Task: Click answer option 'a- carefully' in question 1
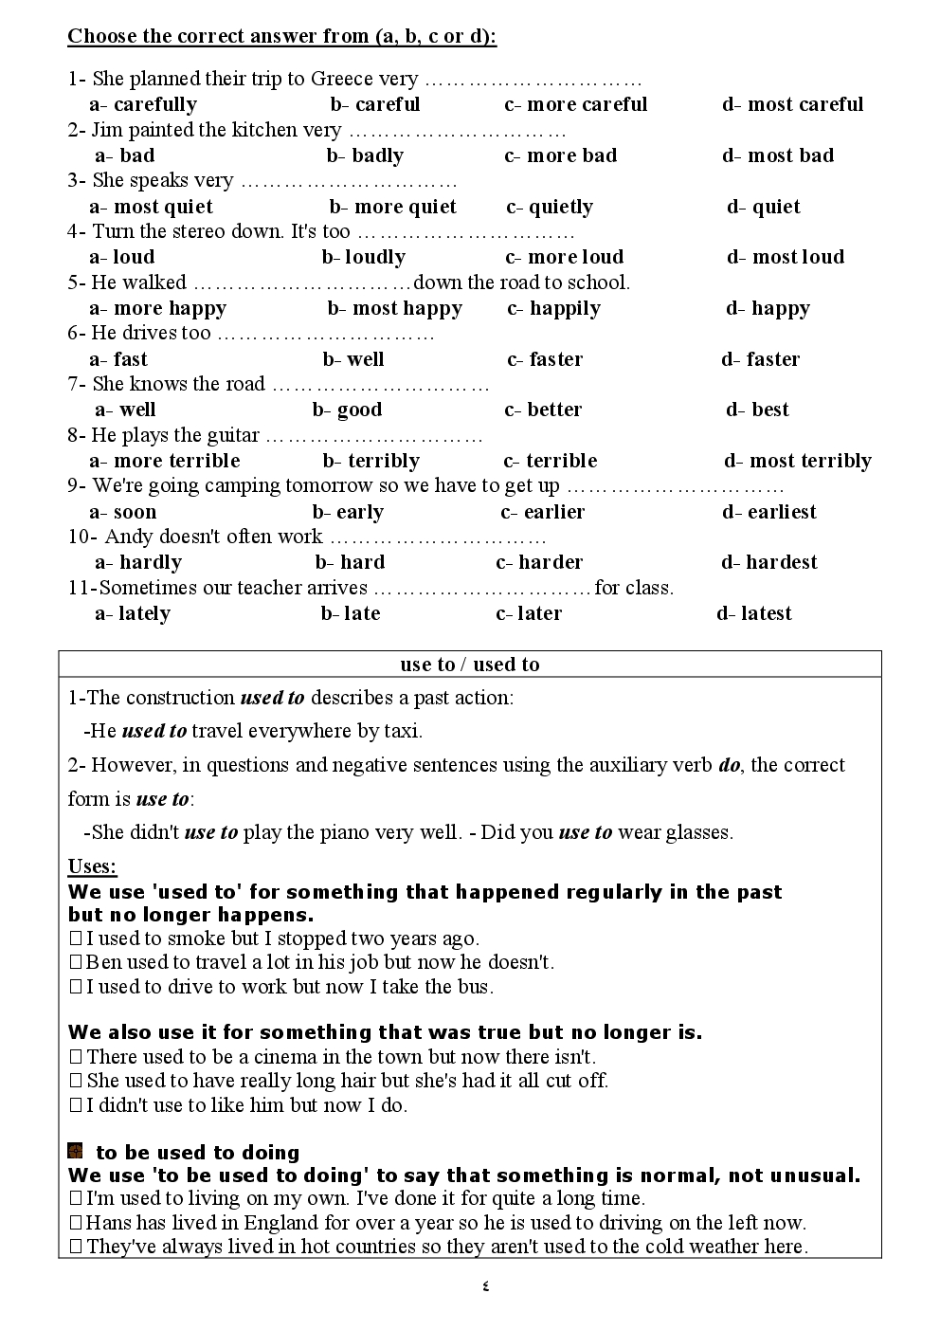[x=143, y=105]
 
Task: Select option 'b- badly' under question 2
[x=366, y=156]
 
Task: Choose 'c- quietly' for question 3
[x=550, y=208]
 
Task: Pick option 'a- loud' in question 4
[x=122, y=258]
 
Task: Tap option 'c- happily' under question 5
[x=554, y=309]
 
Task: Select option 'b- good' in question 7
[x=348, y=410]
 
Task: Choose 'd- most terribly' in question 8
[x=798, y=462]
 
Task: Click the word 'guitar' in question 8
[x=232, y=436]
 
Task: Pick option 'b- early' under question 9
[x=348, y=513]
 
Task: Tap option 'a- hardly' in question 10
[x=138, y=563]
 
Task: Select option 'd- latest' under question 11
[x=754, y=614]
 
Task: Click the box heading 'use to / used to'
[x=470, y=665]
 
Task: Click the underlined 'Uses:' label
[x=93, y=866]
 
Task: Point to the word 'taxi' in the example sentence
[x=401, y=731]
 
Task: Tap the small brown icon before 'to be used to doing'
[x=76, y=1152]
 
